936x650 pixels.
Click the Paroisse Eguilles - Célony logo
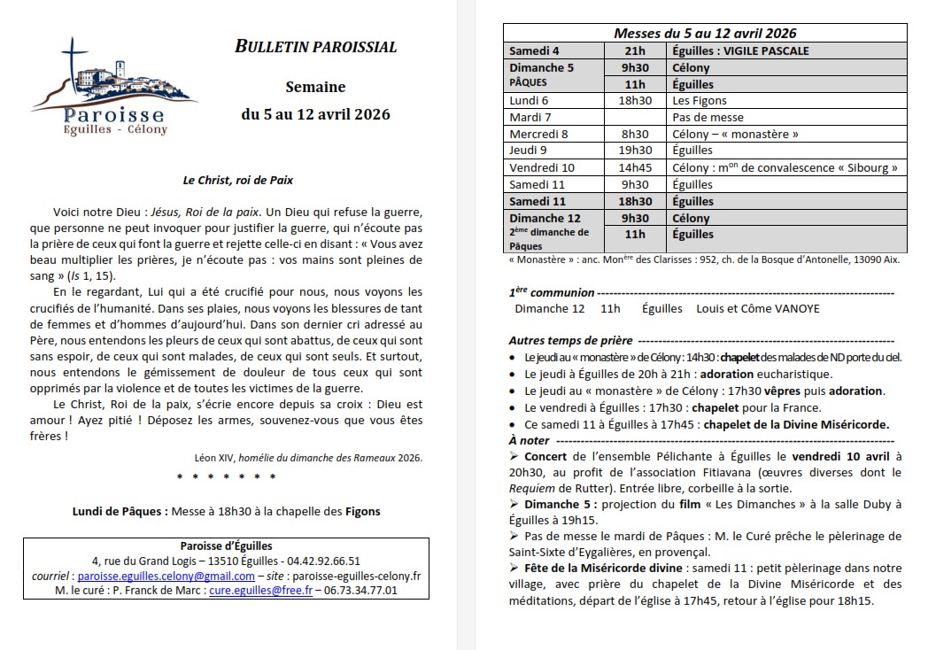[113, 87]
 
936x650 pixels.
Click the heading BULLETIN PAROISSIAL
[315, 47]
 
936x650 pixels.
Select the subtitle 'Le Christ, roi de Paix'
[237, 180]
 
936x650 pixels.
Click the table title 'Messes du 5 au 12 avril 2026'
[705, 33]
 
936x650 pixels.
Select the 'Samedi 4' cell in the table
[533, 50]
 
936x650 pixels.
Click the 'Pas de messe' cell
[708, 117]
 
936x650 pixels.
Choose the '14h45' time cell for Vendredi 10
[634, 167]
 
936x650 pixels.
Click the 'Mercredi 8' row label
[538, 134]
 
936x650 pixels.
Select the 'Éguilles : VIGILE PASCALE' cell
[740, 50]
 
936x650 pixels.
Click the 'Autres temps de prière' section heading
[570, 340]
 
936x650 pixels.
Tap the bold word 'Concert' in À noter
[545, 455]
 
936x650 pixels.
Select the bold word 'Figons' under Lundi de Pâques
[362, 511]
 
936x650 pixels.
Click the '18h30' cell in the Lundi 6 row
[634, 101]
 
